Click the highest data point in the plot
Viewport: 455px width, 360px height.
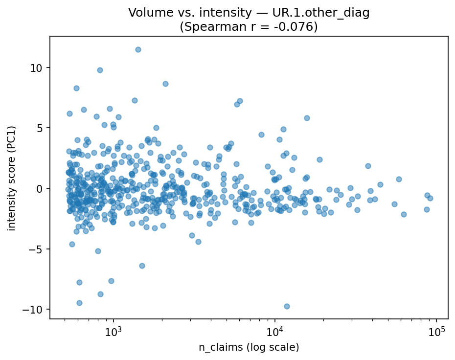pos(138,49)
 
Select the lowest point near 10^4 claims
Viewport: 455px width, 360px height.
pos(287,306)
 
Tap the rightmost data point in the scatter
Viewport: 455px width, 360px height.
pos(430,198)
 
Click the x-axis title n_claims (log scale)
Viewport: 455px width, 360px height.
pos(249,347)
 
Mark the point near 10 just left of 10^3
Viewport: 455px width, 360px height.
pos(100,70)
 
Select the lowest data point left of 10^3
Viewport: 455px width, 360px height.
pos(79,303)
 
